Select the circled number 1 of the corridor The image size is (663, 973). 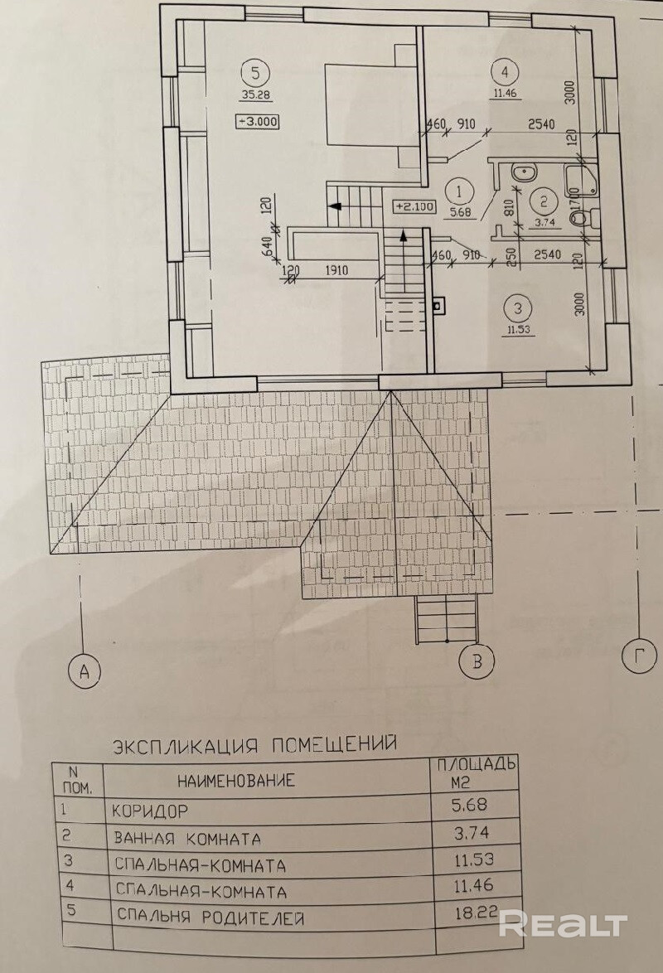[457, 191]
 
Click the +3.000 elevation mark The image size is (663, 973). [259, 121]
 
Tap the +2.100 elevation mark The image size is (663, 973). [411, 206]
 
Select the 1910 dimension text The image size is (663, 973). [337, 270]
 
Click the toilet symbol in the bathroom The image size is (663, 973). [580, 218]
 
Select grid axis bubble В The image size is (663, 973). [477, 661]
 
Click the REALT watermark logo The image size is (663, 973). [563, 922]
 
